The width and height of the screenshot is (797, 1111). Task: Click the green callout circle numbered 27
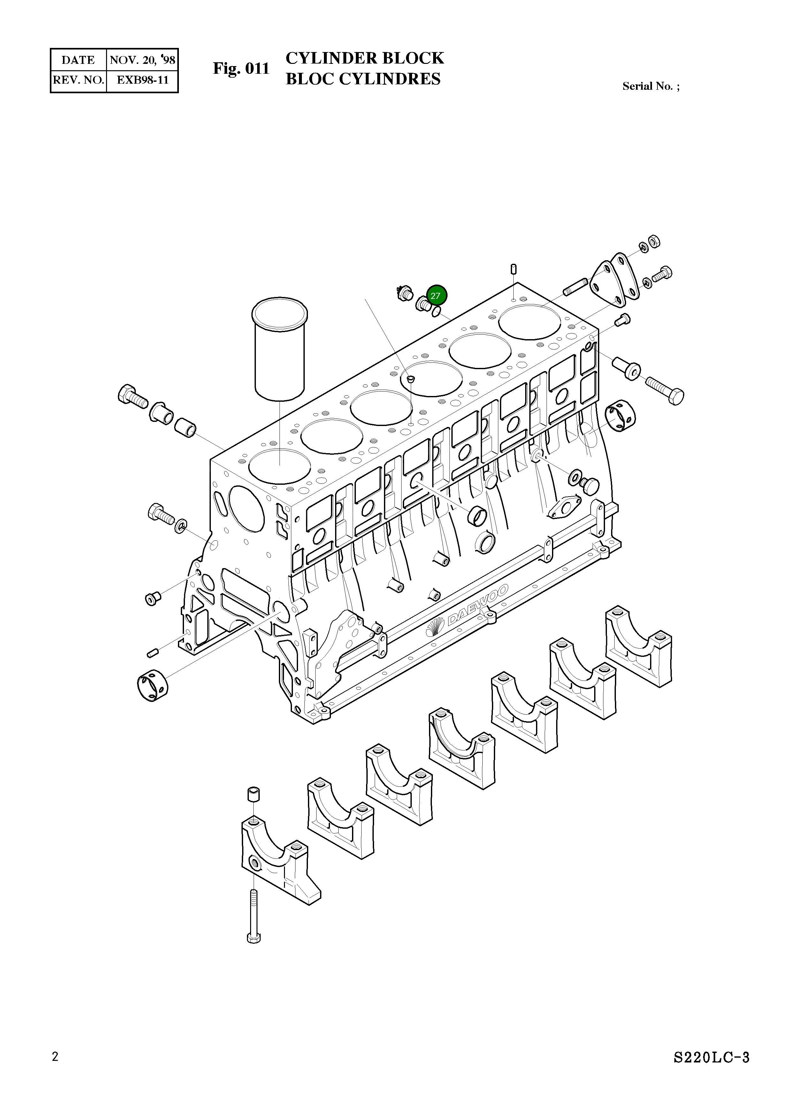435,295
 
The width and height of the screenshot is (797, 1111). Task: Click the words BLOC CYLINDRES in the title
363,79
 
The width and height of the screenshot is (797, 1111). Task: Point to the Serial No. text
650,86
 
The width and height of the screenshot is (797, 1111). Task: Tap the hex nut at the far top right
654,241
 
